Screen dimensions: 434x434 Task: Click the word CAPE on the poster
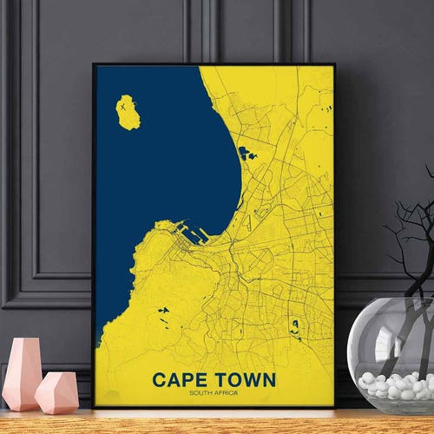click(180, 380)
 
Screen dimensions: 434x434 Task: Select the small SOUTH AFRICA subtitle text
click(214, 395)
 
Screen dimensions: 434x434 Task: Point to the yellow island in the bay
click(128, 112)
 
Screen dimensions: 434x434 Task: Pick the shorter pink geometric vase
click(57, 391)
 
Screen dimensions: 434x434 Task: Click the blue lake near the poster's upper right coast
click(247, 155)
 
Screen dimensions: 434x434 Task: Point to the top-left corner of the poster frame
click(94, 64)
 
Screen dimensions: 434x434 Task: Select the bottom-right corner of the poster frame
click(334, 406)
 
